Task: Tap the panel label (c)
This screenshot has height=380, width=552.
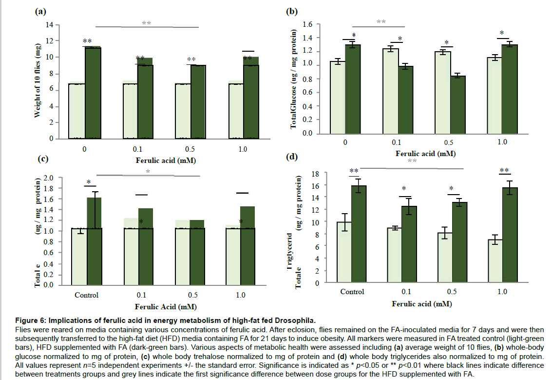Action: click(x=43, y=158)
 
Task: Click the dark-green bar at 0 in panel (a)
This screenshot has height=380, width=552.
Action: click(x=93, y=93)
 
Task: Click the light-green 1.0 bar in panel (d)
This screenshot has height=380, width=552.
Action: click(x=494, y=261)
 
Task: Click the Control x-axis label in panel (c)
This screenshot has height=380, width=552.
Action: click(x=87, y=295)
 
